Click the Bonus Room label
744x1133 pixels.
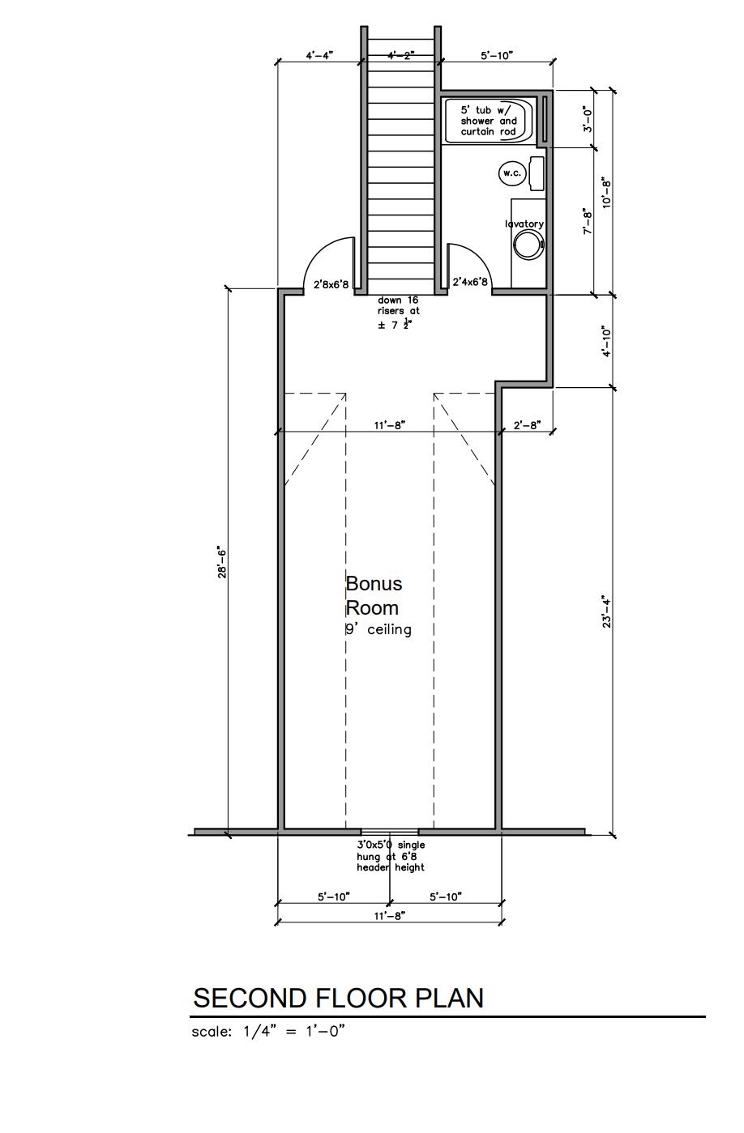pyautogui.click(x=374, y=595)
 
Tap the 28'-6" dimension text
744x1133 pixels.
pyautogui.click(x=222, y=562)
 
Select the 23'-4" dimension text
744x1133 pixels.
pyautogui.click(x=607, y=613)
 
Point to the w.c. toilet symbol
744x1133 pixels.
pyautogui.click(x=521, y=173)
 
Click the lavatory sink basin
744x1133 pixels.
pyautogui.click(x=529, y=245)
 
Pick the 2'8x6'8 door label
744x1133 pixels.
pyautogui.click(x=331, y=284)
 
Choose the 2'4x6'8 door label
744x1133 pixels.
pyautogui.click(x=470, y=282)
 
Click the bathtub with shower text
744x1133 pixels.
pyautogui.click(x=489, y=121)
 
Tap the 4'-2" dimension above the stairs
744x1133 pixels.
pyautogui.click(x=401, y=55)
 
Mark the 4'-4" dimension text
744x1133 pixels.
pyautogui.click(x=319, y=55)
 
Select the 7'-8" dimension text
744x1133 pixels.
pyautogui.click(x=587, y=221)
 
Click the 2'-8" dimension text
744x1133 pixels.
pyautogui.click(x=528, y=425)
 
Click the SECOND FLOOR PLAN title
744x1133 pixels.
pyautogui.click(x=339, y=998)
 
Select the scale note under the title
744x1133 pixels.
pyautogui.click(x=268, y=1031)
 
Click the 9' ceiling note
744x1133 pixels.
pyautogui.click(x=378, y=630)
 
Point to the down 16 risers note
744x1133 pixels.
pyautogui.click(x=398, y=313)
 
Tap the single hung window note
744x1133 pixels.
pyautogui.click(x=391, y=856)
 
